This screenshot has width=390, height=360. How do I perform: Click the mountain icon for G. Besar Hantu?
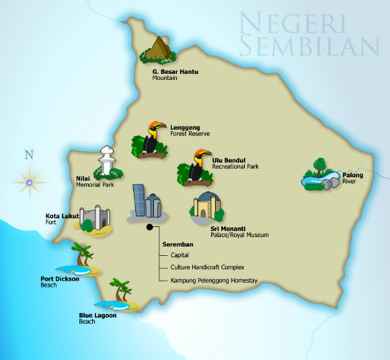158,49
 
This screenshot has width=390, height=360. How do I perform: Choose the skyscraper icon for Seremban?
146,202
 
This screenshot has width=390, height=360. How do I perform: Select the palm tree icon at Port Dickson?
82,259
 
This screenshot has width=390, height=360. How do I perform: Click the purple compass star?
29,180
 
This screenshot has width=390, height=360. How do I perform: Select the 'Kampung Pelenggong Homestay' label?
213,279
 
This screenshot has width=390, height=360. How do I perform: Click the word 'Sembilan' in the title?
310,46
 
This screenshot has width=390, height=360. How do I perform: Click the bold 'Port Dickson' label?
60,279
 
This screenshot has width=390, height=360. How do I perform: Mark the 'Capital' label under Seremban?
180,255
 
